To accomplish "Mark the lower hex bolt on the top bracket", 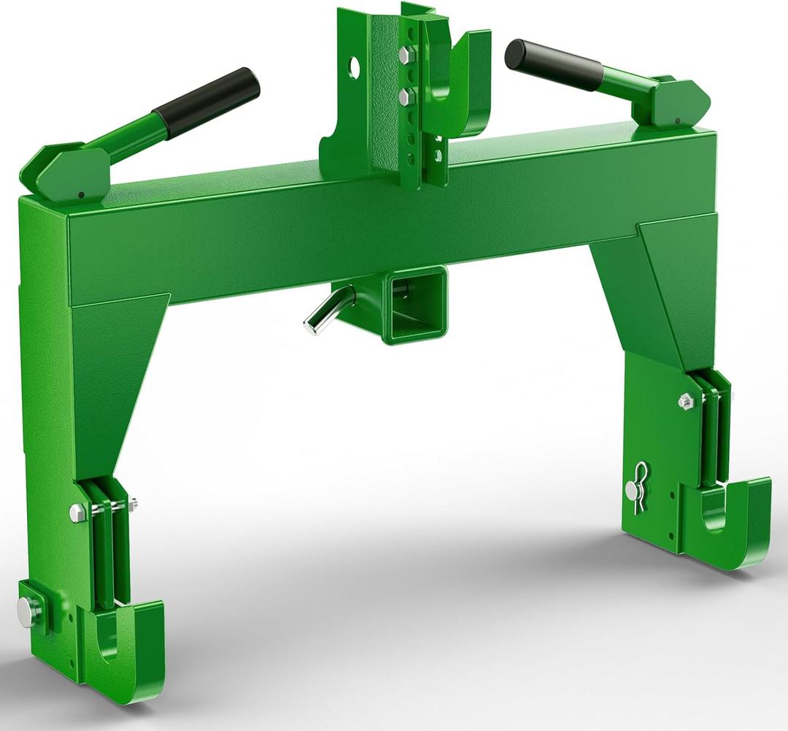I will coord(403,96).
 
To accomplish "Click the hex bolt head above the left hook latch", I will coord(77,510).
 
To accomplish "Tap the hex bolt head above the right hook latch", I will coord(685,400).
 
